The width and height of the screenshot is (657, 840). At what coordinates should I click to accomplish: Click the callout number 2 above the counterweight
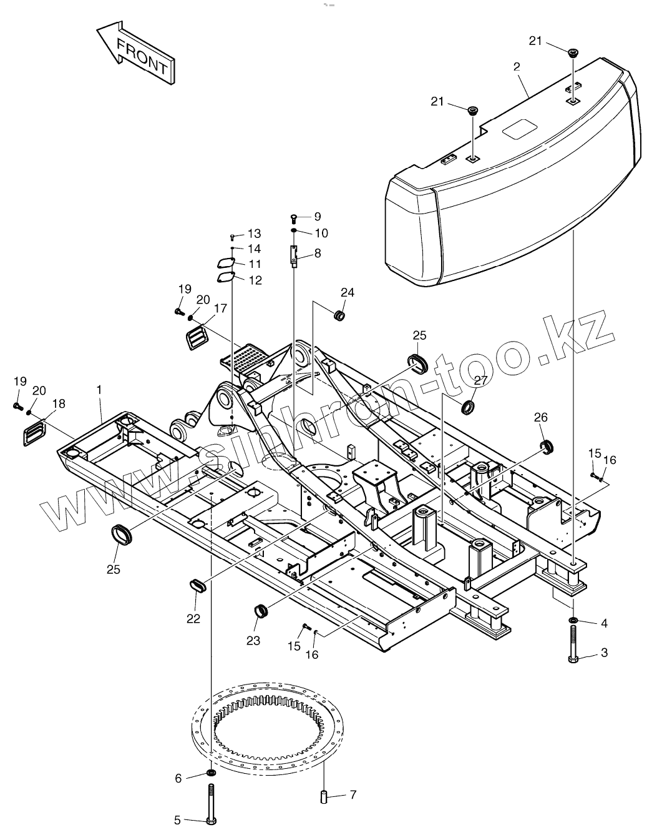click(517, 66)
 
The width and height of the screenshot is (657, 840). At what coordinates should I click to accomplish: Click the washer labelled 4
click(573, 620)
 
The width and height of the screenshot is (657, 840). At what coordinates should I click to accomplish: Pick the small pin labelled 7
click(325, 797)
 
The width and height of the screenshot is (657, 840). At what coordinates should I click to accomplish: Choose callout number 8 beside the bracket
click(318, 253)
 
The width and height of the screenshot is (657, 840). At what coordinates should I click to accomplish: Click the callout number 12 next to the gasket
click(256, 280)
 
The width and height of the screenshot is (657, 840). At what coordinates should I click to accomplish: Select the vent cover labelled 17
click(198, 338)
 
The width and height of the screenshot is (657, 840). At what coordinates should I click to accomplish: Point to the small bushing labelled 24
click(341, 315)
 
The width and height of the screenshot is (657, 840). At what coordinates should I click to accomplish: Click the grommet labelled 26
click(547, 446)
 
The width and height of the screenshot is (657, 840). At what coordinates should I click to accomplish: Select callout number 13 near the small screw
click(254, 234)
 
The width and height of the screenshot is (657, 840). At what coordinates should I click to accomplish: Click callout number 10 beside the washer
click(321, 233)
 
